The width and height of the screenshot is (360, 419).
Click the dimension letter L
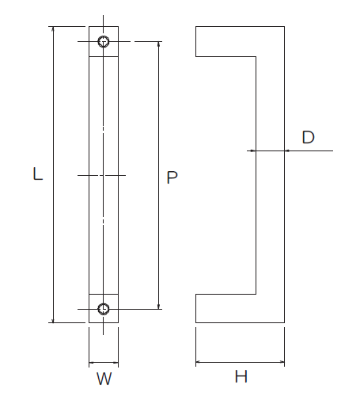38,173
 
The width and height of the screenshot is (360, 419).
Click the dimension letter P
172,177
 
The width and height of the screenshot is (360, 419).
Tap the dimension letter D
309,137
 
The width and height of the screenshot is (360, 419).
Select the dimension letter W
104,379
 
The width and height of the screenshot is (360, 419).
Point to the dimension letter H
241,376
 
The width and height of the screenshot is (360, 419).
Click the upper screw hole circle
104,41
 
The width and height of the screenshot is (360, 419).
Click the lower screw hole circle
104,309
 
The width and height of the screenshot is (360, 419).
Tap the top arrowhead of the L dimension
53,29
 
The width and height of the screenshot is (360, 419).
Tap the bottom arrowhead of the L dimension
53,320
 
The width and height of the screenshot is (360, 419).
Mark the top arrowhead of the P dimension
159,44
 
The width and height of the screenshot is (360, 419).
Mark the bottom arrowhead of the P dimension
159,307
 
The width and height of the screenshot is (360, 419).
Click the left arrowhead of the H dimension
199,362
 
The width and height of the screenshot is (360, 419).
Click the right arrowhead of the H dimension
282,362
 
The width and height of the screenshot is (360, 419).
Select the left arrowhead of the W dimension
92,363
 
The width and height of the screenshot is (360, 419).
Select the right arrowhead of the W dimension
116,363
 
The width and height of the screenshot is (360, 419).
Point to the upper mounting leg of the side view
225,41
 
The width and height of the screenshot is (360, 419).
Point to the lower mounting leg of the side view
225,308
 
